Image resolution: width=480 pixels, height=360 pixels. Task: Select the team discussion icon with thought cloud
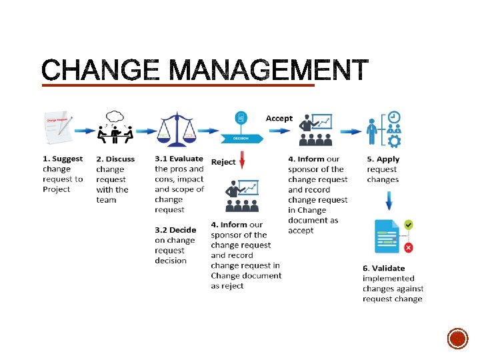point(115,127)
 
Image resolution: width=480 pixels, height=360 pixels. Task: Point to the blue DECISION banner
point(241,139)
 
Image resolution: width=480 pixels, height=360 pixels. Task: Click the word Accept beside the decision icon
point(279,118)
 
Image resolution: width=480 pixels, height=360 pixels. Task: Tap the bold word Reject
point(223,162)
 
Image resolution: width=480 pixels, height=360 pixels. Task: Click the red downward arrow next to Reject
point(243,161)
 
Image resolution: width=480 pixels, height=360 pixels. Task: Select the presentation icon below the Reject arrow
point(243,196)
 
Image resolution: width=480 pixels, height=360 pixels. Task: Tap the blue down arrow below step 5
point(389,200)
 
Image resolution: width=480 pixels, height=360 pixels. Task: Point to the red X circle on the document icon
point(408,247)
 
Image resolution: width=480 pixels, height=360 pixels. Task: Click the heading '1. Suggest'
point(63,159)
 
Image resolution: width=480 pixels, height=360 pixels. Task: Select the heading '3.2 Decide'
point(175,230)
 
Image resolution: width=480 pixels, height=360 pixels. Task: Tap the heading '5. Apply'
point(383,159)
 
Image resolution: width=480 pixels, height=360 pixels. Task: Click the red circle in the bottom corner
point(457,339)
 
